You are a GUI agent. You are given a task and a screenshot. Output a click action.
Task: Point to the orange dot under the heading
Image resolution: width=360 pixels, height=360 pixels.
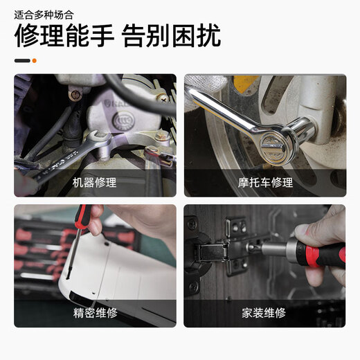pyautogui.click(x=35, y=60)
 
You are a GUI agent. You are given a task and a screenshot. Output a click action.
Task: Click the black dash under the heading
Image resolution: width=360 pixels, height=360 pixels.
pyautogui.click(x=22, y=60)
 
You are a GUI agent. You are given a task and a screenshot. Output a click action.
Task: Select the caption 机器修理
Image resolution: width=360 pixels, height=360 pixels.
pyautogui.click(x=95, y=183)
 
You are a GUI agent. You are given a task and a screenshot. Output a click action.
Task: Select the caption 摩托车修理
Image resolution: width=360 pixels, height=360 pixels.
pyautogui.click(x=265, y=183)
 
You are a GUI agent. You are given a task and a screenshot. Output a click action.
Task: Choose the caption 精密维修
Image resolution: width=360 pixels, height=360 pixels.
pyautogui.click(x=95, y=313)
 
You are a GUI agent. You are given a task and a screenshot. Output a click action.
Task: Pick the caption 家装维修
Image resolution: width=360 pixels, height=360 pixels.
pyautogui.click(x=265, y=313)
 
